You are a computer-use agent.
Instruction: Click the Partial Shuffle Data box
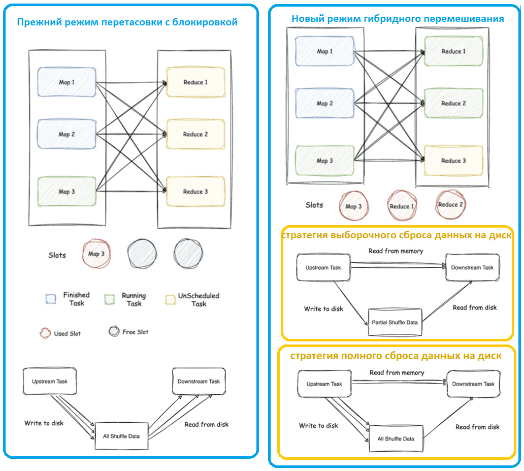pyautogui.click(x=395, y=322)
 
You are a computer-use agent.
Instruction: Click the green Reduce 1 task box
pyautogui.click(x=453, y=51)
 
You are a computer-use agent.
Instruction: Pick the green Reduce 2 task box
pyautogui.click(x=453, y=103)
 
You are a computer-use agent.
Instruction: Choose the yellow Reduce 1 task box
pyautogui.click(x=195, y=82)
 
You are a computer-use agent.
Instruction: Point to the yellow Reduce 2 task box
pyautogui.click(x=195, y=134)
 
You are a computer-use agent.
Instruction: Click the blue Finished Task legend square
pyautogui.click(x=51, y=299)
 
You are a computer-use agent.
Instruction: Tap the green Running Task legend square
pyautogui.click(x=109, y=299)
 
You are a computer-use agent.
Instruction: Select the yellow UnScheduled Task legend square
pyautogui.click(x=170, y=300)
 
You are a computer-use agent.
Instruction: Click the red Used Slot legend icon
pyautogui.click(x=45, y=333)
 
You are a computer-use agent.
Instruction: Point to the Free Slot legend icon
pyautogui.click(x=114, y=331)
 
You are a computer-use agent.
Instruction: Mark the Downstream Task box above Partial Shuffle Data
pyautogui.click(x=472, y=267)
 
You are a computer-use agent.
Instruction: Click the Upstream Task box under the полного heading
pyautogui.click(x=324, y=384)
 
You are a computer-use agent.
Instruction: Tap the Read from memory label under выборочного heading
pyautogui.click(x=396, y=251)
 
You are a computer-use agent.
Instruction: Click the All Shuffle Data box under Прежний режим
pyautogui.click(x=121, y=436)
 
